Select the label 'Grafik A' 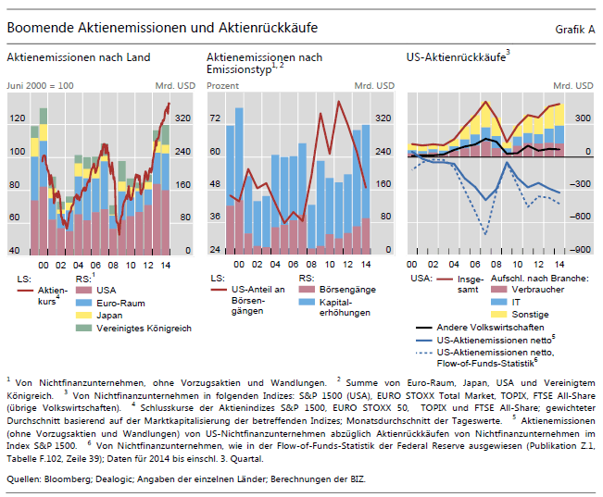[575, 30]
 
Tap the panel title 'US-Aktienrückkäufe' [456, 57]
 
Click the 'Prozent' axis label [223, 85]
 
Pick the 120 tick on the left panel [17, 118]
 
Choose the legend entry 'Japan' [109, 315]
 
